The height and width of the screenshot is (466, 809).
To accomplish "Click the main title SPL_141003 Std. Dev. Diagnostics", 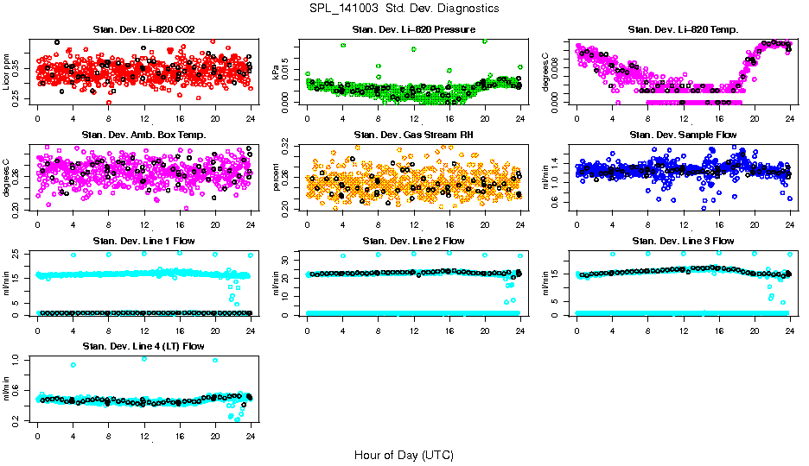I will tap(404, 9).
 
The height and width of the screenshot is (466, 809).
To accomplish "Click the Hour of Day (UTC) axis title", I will tap(404, 454).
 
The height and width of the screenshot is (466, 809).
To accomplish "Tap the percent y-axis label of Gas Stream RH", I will tap(277, 178).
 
